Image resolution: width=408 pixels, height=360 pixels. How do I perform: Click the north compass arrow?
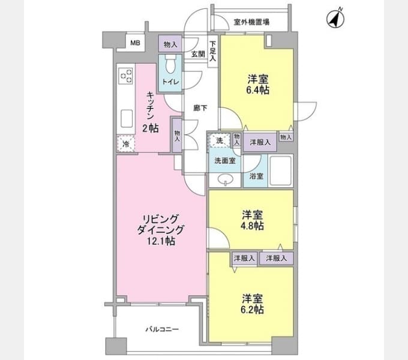click(335, 19)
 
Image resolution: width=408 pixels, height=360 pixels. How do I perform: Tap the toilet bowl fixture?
click(170, 64)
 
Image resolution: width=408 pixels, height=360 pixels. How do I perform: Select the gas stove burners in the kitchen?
click(126, 76)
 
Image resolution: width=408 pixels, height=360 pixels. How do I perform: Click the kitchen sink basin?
click(127, 119)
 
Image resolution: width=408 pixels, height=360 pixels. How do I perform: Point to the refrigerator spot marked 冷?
click(126, 143)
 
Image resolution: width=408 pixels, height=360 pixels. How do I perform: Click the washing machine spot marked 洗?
click(220, 140)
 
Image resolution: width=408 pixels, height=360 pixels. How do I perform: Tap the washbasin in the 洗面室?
click(226, 179)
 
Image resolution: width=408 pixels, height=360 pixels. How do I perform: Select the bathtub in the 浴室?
click(281, 170)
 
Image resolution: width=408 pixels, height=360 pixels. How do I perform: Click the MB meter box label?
click(135, 43)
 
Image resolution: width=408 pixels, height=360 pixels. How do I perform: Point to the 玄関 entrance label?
click(198, 54)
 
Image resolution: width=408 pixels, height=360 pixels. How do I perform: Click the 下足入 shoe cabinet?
click(212, 51)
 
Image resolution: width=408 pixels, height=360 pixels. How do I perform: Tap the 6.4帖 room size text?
click(257, 90)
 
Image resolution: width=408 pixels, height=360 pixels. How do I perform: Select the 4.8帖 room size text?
click(252, 226)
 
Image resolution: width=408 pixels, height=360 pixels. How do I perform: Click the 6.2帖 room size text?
click(252, 310)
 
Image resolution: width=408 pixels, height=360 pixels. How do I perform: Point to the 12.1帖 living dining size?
click(161, 241)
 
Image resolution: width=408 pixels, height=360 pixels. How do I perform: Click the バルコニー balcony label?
click(162, 329)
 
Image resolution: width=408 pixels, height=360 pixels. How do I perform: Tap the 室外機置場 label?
click(251, 22)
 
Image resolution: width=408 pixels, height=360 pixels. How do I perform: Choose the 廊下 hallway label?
click(200, 107)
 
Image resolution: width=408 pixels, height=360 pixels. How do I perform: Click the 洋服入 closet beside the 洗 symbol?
click(260, 142)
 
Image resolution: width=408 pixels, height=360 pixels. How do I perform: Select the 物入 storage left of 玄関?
click(170, 44)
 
